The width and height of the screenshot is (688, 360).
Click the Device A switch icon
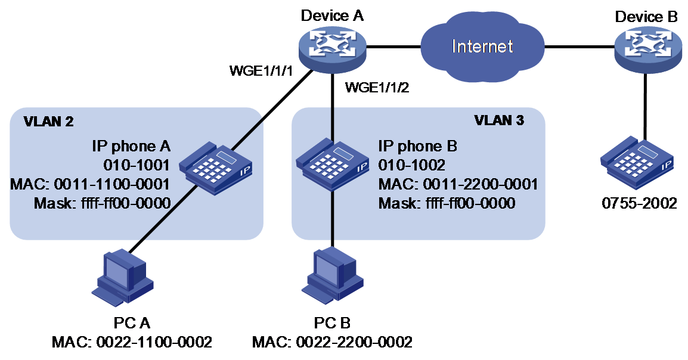[332, 49]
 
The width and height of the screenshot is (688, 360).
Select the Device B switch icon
[647, 49]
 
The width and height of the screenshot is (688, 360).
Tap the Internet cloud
[482, 46]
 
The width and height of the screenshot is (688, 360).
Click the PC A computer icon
[122, 278]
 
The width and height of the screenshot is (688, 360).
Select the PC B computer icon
[332, 275]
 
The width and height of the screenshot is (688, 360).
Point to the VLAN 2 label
[49, 122]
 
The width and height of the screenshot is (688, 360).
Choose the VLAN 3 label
[499, 120]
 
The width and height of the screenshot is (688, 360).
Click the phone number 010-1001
[136, 165]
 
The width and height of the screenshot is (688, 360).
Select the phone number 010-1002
[411, 165]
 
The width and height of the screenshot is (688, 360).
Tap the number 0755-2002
[639, 203]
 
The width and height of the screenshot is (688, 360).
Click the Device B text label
[646, 17]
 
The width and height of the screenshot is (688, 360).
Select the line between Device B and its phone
[644, 105]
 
